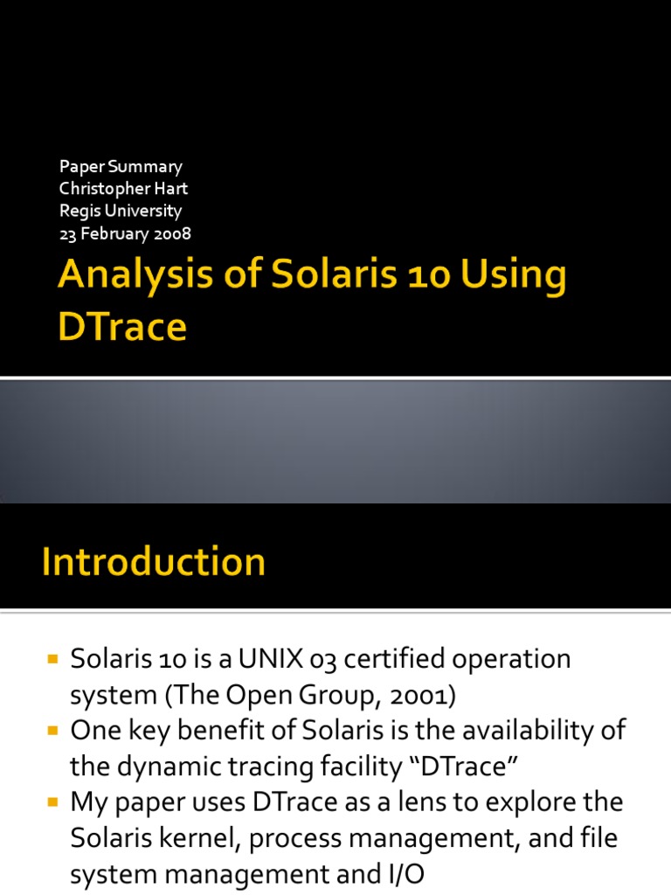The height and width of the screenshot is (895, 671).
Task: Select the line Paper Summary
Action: click(x=121, y=166)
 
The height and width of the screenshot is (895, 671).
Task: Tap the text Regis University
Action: click(x=121, y=211)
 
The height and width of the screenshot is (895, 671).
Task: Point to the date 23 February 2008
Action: click(x=125, y=233)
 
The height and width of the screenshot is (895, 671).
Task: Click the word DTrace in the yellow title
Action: click(x=122, y=326)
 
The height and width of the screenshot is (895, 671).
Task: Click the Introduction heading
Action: click(x=154, y=561)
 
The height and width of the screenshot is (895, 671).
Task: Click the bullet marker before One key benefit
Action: click(x=52, y=731)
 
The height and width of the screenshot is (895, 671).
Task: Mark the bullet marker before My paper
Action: click(x=52, y=802)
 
